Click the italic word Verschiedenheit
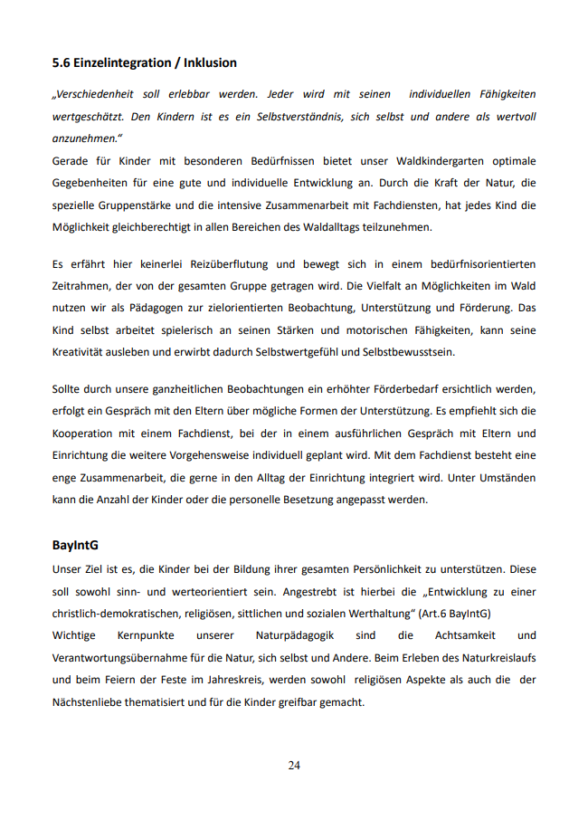click(x=98, y=94)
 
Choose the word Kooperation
click(x=86, y=433)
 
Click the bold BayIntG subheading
click(x=75, y=547)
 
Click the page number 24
click(x=294, y=766)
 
